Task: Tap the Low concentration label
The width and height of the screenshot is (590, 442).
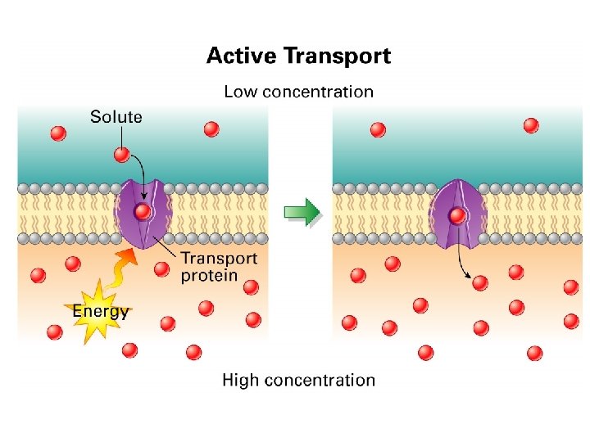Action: pyautogui.click(x=298, y=92)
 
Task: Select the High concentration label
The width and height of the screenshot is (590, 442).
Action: pyautogui.click(x=298, y=380)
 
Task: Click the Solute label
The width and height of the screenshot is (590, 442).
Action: pyautogui.click(x=116, y=117)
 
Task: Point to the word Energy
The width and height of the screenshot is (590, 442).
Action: pyautogui.click(x=101, y=311)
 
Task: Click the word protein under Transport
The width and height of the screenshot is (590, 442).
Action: pyautogui.click(x=209, y=275)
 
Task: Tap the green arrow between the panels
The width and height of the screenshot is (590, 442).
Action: pyautogui.click(x=302, y=212)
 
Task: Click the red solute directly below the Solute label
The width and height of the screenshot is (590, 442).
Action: pyautogui.click(x=121, y=154)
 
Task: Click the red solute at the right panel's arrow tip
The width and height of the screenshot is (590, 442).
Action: pyautogui.click(x=480, y=282)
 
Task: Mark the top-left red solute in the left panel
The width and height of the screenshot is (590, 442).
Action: pyautogui.click(x=57, y=133)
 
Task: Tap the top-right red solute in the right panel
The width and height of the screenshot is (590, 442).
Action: pyautogui.click(x=531, y=125)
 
